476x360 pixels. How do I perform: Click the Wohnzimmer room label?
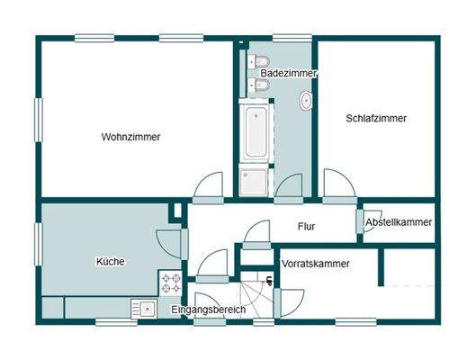tap(131, 137)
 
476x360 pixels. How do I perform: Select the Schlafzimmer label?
tap(376, 118)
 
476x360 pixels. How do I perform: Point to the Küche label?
tap(110, 262)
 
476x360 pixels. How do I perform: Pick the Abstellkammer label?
tap(399, 222)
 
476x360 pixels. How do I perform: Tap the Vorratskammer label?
tap(315, 264)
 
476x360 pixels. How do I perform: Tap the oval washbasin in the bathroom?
tap(307, 101)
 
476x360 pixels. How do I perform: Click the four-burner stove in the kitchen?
tap(171, 283)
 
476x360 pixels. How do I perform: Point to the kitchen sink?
tap(144, 309)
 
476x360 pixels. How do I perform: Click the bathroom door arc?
tap(288, 185)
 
